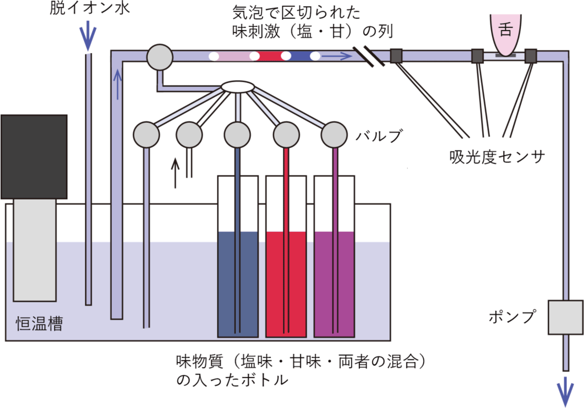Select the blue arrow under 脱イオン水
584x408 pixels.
pos(89,38)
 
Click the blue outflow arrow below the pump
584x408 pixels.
pos(566,391)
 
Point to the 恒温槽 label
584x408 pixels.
pos(36,324)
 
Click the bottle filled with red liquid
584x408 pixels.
pos(286,283)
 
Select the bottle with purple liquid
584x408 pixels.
pos(334,283)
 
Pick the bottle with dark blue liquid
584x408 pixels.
pos(238,283)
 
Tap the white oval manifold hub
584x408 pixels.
pos(237,86)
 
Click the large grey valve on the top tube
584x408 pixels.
pos(160,57)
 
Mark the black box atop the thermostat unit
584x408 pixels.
pos(34,157)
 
